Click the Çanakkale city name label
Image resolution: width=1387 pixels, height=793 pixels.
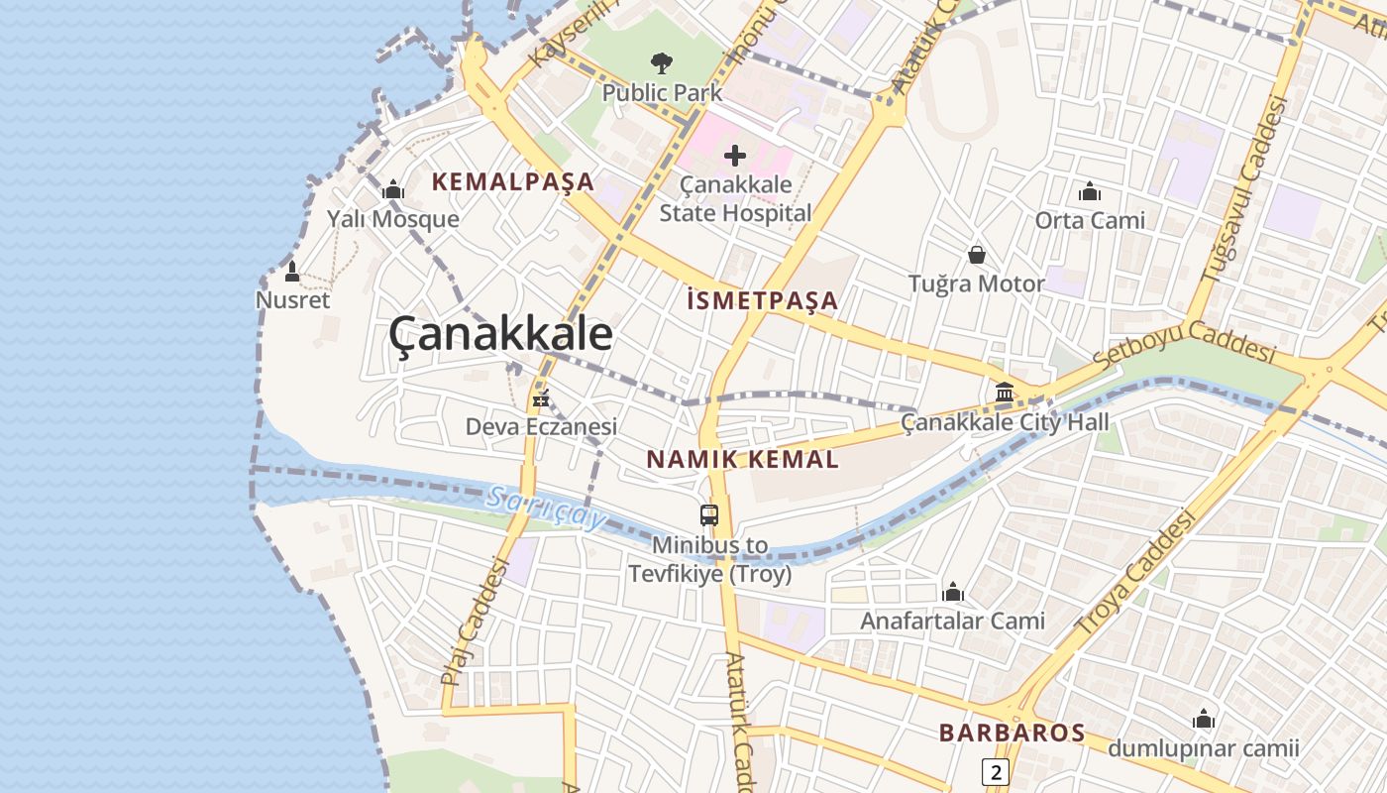pyautogui.click(x=500, y=334)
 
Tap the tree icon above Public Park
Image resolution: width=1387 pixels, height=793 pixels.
pyautogui.click(x=662, y=64)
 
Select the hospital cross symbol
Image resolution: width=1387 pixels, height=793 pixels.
pyautogui.click(x=735, y=156)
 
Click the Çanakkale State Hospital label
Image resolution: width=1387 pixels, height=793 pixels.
pyautogui.click(x=735, y=198)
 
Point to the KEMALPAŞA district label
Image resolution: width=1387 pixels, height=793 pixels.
pyautogui.click(x=513, y=181)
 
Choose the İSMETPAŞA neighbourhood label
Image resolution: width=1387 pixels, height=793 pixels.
pyautogui.click(x=763, y=300)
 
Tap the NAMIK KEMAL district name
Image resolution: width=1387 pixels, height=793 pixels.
pyautogui.click(x=742, y=459)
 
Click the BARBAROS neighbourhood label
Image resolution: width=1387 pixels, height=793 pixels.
pyautogui.click(x=1012, y=733)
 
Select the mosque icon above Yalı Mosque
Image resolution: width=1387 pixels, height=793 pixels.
pyautogui.click(x=393, y=189)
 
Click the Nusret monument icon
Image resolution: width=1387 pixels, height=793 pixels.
pyautogui.click(x=292, y=271)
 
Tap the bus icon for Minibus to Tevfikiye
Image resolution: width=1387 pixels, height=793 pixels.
pyautogui.click(x=709, y=515)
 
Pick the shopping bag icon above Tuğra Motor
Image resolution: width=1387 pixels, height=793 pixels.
pyautogui.click(x=977, y=256)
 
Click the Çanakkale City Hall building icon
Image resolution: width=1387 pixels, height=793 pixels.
pyautogui.click(x=1005, y=393)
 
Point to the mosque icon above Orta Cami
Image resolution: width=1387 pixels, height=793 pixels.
pyautogui.click(x=1090, y=191)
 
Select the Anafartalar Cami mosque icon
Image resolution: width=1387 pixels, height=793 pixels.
pyautogui.click(x=953, y=593)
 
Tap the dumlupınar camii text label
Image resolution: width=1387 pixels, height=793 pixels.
pyautogui.click(x=1203, y=748)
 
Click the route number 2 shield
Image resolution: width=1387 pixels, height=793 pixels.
pyautogui.click(x=996, y=771)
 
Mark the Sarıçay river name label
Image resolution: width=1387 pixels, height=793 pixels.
pyautogui.click(x=545, y=507)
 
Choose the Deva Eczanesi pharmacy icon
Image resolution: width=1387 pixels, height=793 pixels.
pyautogui.click(x=541, y=399)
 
